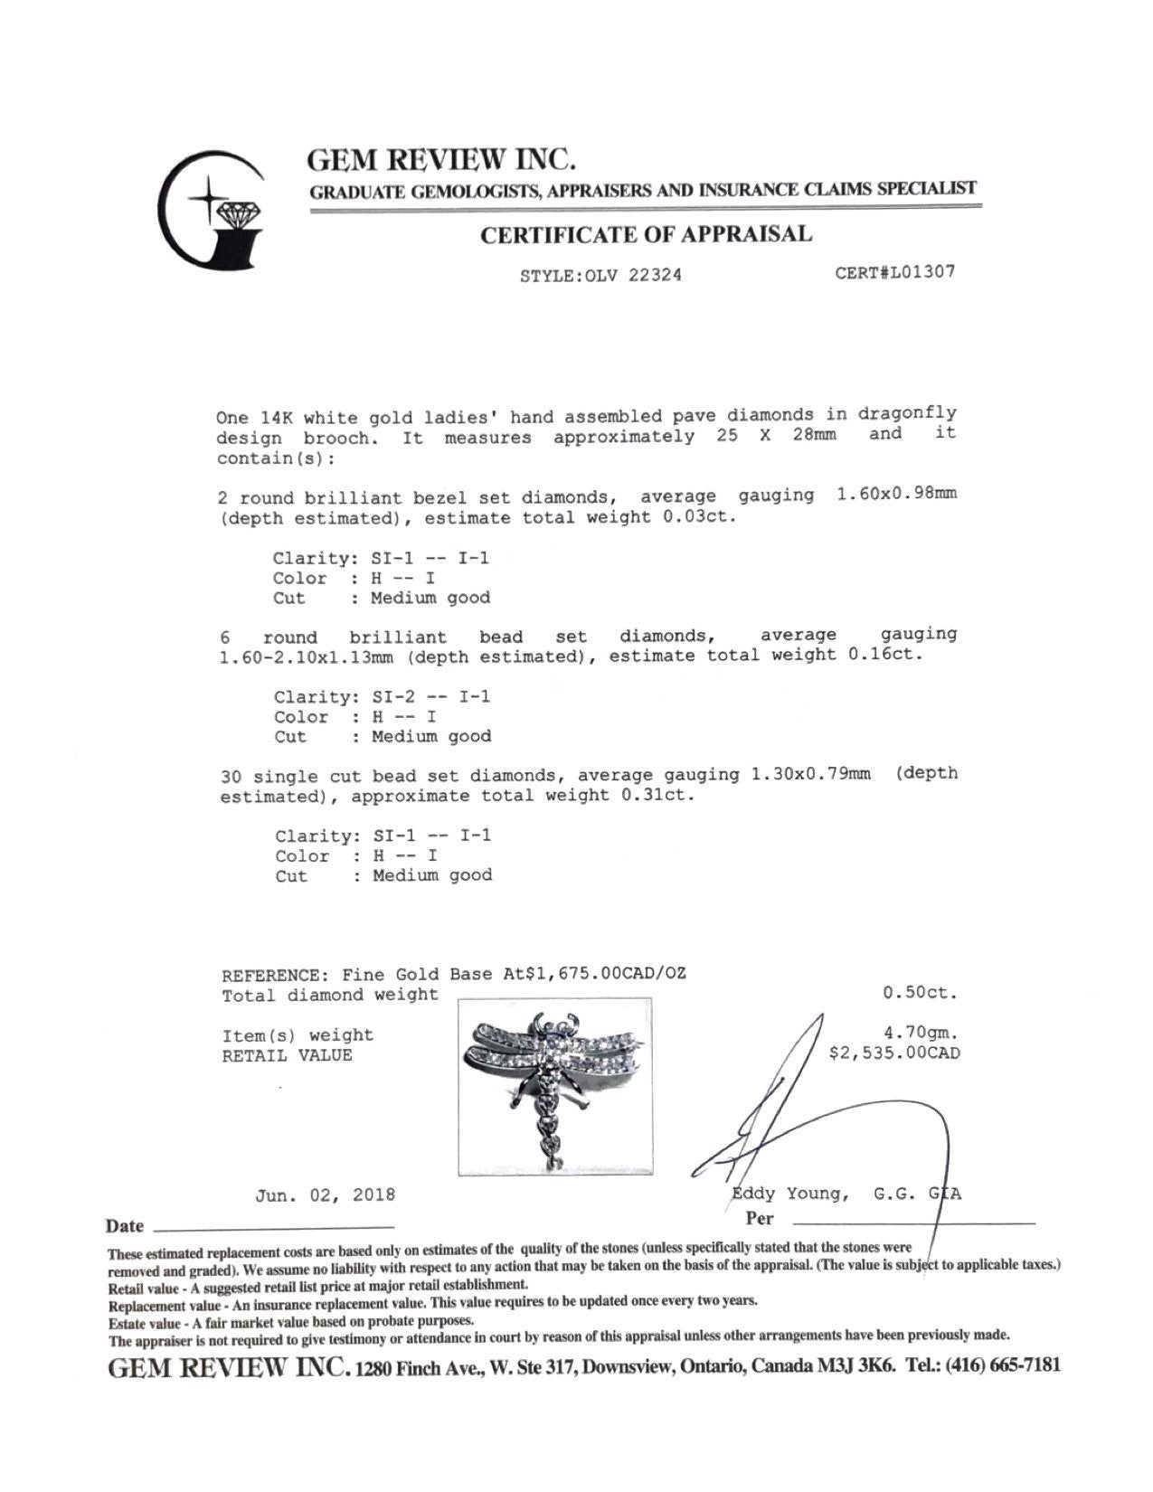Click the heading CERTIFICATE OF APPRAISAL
646,235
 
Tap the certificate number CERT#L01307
895,272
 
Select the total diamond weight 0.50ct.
919,993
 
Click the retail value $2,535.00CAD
894,1053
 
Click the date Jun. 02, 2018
325,1195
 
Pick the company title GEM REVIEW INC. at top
441,160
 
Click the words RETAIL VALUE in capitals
287,1055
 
